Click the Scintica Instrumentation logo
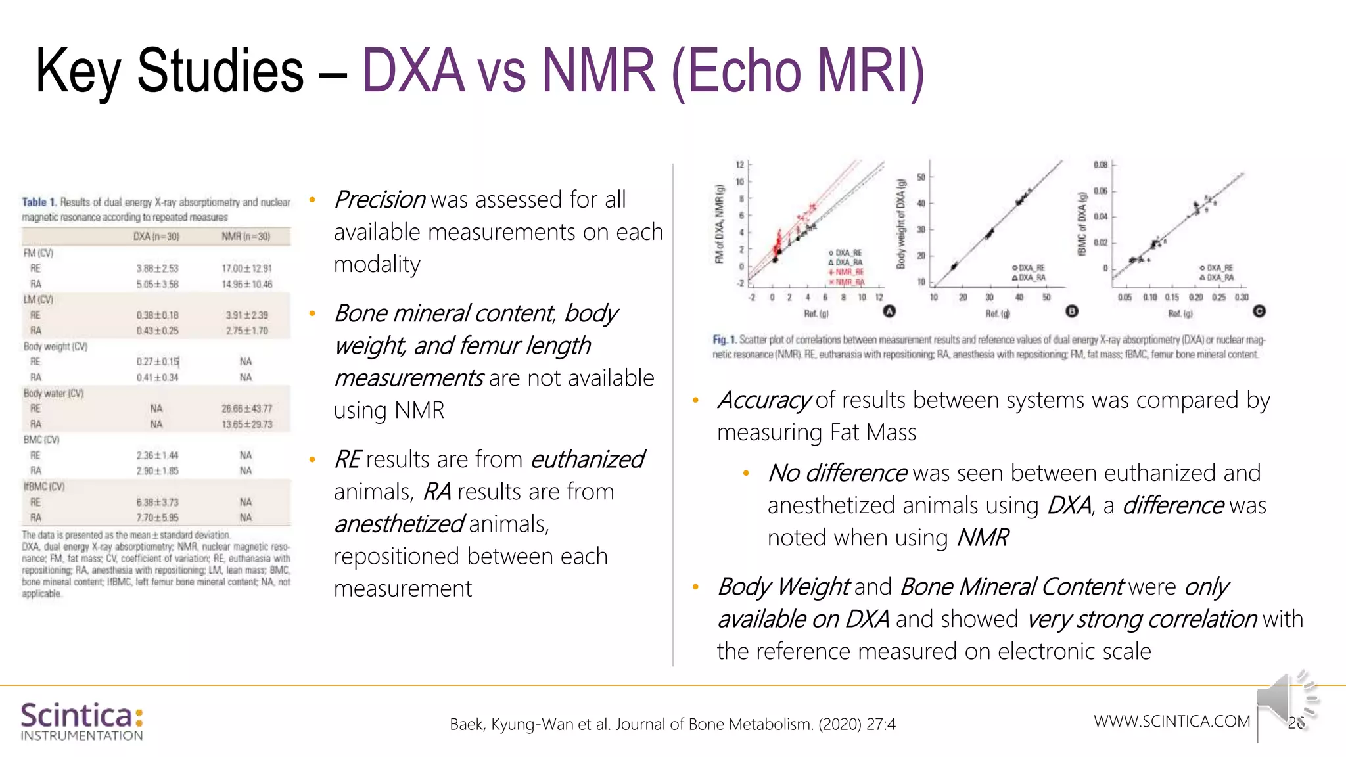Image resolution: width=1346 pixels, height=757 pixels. click(x=81, y=721)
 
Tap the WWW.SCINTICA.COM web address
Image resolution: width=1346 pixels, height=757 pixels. click(x=1172, y=721)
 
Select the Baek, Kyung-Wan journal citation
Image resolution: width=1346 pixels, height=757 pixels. click(x=672, y=724)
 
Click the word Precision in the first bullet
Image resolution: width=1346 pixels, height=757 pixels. click(x=380, y=200)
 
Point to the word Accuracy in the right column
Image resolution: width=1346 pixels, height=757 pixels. click(x=764, y=400)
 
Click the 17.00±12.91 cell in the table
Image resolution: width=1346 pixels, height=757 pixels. click(x=246, y=269)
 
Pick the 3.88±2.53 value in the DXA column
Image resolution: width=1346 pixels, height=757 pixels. click(x=157, y=269)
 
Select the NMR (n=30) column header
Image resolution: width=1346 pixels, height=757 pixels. click(x=245, y=237)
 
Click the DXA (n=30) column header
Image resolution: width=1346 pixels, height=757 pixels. click(x=156, y=237)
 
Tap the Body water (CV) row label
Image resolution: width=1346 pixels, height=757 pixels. click(x=54, y=393)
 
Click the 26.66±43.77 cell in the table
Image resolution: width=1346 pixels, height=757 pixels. click(x=246, y=409)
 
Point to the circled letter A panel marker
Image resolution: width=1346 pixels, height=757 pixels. click(x=889, y=311)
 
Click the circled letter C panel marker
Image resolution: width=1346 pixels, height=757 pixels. click(x=1259, y=311)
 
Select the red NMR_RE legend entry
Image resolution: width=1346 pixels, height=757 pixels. click(x=848, y=272)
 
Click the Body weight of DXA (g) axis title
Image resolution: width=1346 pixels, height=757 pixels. click(x=901, y=224)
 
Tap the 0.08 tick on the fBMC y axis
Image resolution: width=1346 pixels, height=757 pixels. click(x=1100, y=165)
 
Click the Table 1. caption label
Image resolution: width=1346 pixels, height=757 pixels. click(x=39, y=202)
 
